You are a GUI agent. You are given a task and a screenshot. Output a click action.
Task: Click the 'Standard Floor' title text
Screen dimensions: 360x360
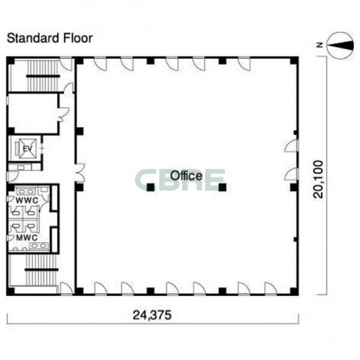pyautogui.click(x=50, y=38)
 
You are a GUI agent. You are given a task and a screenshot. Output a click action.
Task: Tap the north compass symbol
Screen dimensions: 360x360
pyautogui.click(x=340, y=45)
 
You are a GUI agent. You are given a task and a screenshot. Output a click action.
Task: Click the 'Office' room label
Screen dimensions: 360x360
pyautogui.click(x=186, y=175)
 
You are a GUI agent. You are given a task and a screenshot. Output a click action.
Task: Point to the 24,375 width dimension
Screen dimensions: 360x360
pyautogui.click(x=152, y=315)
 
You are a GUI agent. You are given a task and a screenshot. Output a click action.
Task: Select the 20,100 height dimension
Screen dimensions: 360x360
pyautogui.click(x=318, y=179)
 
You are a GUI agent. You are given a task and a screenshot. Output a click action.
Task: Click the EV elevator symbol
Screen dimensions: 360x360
pyautogui.click(x=27, y=149)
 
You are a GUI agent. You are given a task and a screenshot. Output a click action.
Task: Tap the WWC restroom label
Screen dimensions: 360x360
pyautogui.click(x=26, y=201)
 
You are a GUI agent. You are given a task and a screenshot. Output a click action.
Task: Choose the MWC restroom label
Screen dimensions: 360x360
pyautogui.click(x=26, y=238)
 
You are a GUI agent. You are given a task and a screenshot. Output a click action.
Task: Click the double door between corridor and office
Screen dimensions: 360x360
pyautogui.click(x=80, y=173)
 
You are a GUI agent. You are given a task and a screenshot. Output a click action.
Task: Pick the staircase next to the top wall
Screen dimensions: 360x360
pyautogui.click(x=43, y=75)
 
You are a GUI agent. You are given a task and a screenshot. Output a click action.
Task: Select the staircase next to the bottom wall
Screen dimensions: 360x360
pyautogui.click(x=41, y=270)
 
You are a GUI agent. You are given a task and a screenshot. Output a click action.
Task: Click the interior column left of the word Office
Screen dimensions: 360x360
pyautogui.click(x=151, y=187)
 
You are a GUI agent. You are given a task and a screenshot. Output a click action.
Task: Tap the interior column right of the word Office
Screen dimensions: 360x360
pyautogui.click(x=222, y=187)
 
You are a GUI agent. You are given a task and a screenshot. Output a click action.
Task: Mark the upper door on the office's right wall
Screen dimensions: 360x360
pyautogui.click(x=292, y=146)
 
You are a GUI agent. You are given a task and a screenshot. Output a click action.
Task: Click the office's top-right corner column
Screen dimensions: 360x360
pyautogui.click(x=294, y=61)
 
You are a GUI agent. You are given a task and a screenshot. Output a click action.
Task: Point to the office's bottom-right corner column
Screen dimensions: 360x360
pyautogui.click(x=294, y=291)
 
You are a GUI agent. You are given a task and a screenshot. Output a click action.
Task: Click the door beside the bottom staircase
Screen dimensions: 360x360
pyautogui.click(x=66, y=288)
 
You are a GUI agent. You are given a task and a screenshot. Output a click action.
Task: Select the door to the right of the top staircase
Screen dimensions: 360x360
pyautogui.click(x=66, y=64)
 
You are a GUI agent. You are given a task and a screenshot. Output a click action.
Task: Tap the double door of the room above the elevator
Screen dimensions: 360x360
pyautogui.click(x=64, y=114)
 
